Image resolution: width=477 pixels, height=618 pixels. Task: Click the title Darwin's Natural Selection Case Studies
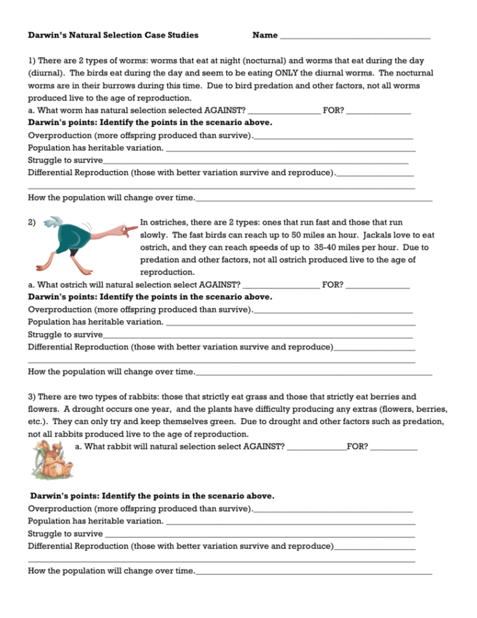coord(113,35)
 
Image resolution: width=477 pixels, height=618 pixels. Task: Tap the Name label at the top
coord(265,35)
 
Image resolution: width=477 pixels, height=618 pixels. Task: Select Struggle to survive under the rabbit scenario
coord(66,534)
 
